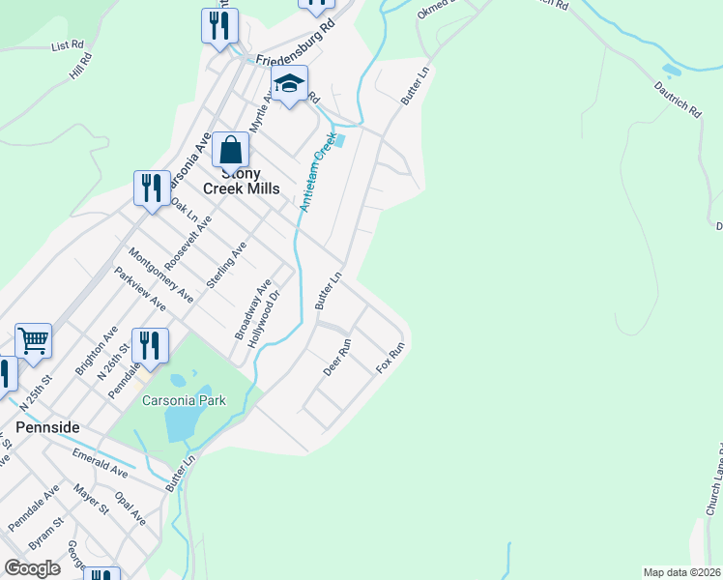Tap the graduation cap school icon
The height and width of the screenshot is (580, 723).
click(289, 85)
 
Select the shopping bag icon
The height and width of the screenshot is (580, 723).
click(230, 152)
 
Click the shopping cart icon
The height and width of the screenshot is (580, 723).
click(33, 340)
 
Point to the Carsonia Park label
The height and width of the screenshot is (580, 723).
click(184, 400)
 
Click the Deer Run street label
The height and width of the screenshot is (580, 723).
click(337, 358)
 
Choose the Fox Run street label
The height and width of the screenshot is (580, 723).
click(390, 360)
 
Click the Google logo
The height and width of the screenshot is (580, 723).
click(33, 567)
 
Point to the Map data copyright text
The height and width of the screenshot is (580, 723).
click(682, 572)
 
